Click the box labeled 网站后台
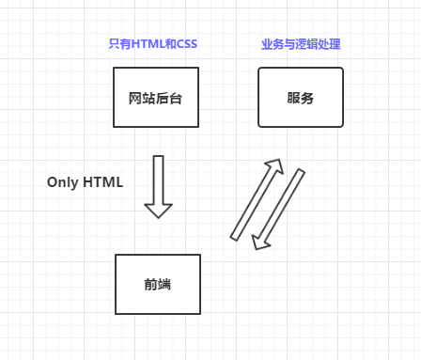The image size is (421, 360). tap(156, 97)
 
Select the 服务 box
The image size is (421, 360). tap(301, 97)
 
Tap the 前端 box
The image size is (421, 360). tap(157, 284)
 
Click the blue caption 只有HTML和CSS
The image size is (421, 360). tap(153, 44)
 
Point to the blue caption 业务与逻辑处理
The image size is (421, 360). tap(301, 44)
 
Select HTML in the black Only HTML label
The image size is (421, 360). tap(102, 182)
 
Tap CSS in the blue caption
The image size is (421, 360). tap(186, 44)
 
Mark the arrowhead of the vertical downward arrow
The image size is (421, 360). tap(158, 210)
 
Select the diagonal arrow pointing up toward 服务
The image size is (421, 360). tap(256, 199)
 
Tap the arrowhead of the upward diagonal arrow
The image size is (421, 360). tap(275, 167)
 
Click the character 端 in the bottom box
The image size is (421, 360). tap(164, 284)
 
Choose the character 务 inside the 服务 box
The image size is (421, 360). tap(308, 97)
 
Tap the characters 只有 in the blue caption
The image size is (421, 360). tap(119, 44)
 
